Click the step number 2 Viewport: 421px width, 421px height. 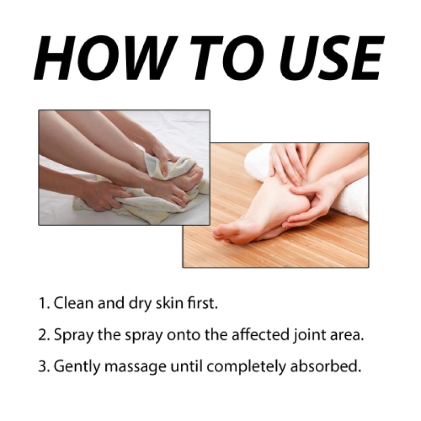42,335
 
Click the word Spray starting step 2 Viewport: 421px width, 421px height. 71,336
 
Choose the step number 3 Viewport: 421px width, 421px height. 42,366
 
